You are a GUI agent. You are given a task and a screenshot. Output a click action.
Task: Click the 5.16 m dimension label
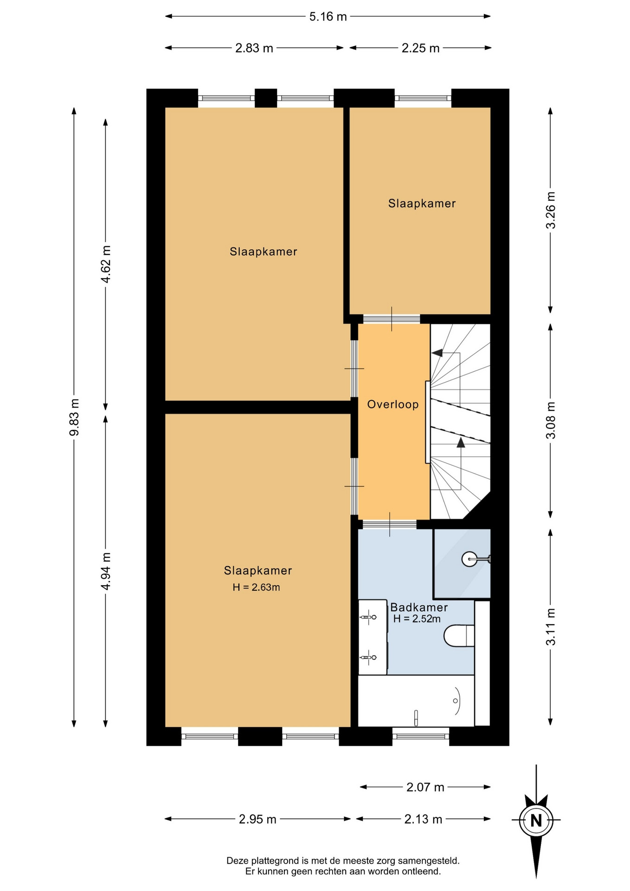pyautogui.click(x=328, y=17)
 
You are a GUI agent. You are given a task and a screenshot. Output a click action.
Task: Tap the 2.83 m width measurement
pyautogui.click(x=254, y=48)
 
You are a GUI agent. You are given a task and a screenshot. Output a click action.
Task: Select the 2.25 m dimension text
pyautogui.click(x=420, y=48)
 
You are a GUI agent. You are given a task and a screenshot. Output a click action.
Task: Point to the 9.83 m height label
pyautogui.click(x=74, y=417)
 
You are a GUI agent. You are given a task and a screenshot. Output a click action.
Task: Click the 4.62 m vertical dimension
pyautogui.click(x=106, y=264)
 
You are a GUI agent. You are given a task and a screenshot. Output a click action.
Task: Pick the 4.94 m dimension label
pyautogui.click(x=106, y=571)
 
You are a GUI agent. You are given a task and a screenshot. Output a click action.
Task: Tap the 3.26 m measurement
pyautogui.click(x=551, y=210)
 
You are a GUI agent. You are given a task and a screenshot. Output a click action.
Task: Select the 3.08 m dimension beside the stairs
pyautogui.click(x=551, y=420)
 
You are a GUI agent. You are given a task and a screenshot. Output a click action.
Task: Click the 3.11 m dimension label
pyautogui.click(x=551, y=627)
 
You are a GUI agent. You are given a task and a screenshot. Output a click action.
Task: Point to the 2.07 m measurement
pyautogui.click(x=425, y=787)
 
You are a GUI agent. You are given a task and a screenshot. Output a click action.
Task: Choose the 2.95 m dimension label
pyautogui.click(x=257, y=820)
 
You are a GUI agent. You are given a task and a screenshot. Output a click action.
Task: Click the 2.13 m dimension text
pyautogui.click(x=423, y=820)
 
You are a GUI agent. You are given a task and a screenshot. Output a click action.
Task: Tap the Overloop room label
pyautogui.click(x=393, y=405)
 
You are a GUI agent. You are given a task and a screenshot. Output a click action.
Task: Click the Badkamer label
pyautogui.click(x=419, y=607)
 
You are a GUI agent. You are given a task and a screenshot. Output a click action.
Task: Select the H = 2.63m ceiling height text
pyautogui.click(x=257, y=588)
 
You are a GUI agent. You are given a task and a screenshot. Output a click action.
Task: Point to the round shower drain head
pyautogui.click(x=469, y=559)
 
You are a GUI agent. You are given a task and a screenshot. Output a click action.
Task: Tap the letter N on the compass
pyautogui.click(x=536, y=820)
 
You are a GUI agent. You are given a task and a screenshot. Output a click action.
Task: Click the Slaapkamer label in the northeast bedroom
pyautogui.click(x=422, y=204)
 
